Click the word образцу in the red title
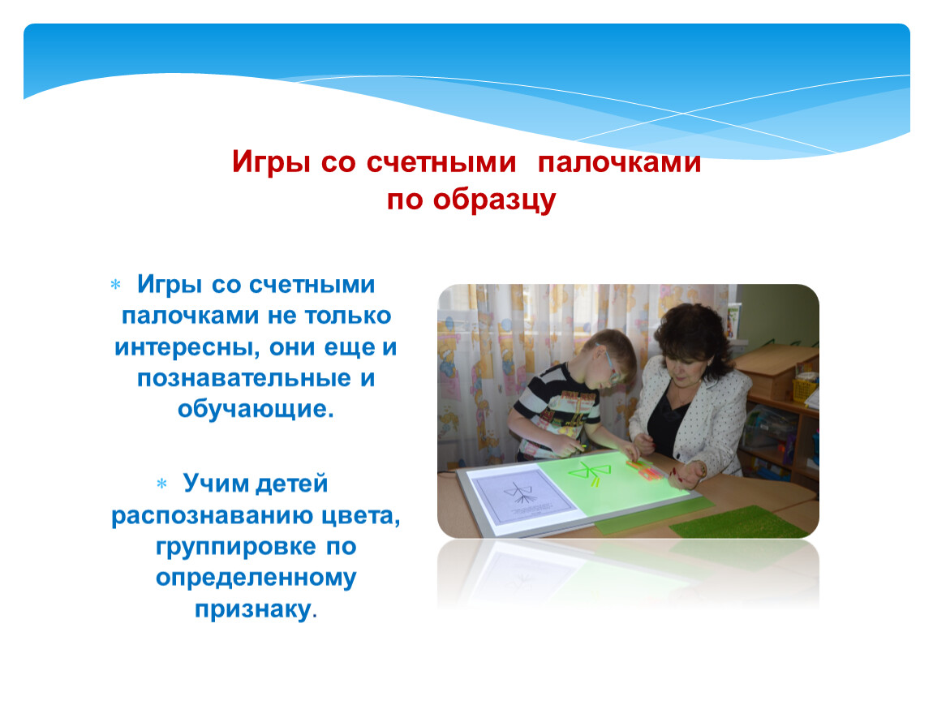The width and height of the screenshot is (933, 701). (494, 200)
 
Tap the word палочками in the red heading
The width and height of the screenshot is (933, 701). (619, 161)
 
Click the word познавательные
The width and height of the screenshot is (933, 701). (244, 378)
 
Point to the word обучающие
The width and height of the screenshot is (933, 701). (256, 410)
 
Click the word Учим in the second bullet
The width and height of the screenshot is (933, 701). (215, 484)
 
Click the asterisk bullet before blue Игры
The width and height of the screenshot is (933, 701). (115, 285)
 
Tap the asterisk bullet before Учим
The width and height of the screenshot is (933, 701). (161, 484)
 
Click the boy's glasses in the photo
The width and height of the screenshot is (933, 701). (611, 364)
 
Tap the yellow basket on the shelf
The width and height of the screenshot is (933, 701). (805, 389)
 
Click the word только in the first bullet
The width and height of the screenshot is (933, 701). (348, 316)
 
